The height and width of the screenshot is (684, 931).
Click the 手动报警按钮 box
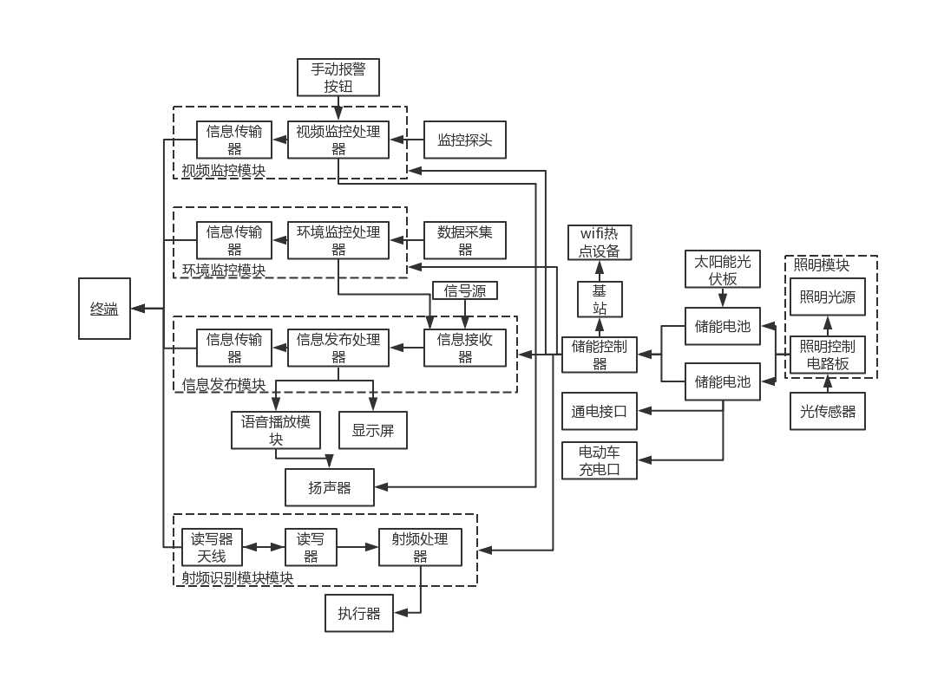[x=338, y=77]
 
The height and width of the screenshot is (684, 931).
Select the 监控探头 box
[x=464, y=140]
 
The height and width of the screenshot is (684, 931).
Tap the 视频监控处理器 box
[x=338, y=140]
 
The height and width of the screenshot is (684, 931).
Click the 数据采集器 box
[x=464, y=240]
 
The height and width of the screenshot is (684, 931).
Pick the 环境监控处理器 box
[x=338, y=240]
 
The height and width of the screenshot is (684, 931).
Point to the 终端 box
[x=104, y=309]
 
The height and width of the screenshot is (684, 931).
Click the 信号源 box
[x=465, y=291]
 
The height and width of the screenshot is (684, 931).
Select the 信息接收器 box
[x=465, y=348]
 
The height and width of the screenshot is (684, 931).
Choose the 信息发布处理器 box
[x=338, y=348]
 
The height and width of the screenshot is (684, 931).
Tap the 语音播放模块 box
[x=276, y=430]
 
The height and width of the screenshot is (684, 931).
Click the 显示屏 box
[x=372, y=430]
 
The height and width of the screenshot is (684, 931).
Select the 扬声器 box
[x=330, y=488]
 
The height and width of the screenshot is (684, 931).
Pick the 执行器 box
[x=359, y=614]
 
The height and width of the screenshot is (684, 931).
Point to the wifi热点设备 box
[x=600, y=243]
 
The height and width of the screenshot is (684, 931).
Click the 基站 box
[x=600, y=299]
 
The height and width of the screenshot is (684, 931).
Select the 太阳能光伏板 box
[x=723, y=270]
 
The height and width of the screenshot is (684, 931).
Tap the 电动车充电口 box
[x=600, y=460]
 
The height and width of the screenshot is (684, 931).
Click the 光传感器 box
[x=828, y=411]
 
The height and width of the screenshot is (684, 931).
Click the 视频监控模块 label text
[x=224, y=171]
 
